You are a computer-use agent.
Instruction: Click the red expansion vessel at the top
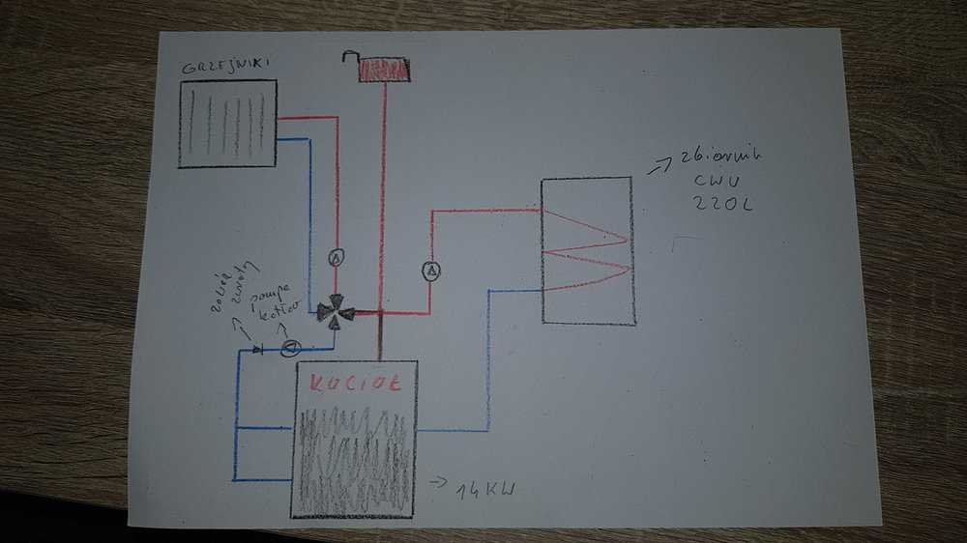[384, 70]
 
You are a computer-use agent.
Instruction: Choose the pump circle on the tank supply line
[430, 270]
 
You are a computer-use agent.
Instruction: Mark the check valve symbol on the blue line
[257, 348]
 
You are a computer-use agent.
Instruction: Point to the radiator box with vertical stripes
[227, 124]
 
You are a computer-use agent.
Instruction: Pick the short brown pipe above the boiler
[381, 337]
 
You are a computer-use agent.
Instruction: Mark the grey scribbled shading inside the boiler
[354, 454]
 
